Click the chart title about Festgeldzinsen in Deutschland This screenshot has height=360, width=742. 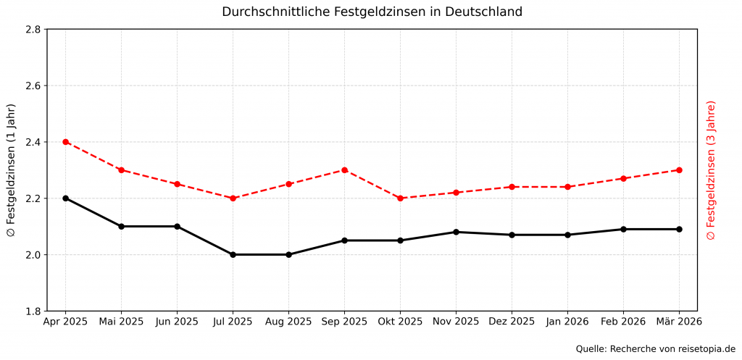[x=372, y=12]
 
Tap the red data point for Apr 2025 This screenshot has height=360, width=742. [x=66, y=142]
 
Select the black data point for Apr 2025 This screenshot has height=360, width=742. [x=66, y=198]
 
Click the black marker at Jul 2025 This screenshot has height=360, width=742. [x=233, y=254]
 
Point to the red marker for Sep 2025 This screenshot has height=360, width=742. [x=344, y=170]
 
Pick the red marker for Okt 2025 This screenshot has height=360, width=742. [x=400, y=198]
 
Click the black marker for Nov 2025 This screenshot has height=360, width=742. [x=456, y=232]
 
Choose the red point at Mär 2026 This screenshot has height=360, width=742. [x=679, y=170]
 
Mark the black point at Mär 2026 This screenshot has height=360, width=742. [x=679, y=229]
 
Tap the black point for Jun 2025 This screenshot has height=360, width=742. [x=177, y=226]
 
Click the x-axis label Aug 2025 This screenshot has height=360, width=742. [x=288, y=321]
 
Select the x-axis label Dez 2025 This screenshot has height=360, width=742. [x=512, y=321]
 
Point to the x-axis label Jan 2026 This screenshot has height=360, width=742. [x=567, y=321]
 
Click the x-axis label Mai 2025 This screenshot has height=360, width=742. [x=121, y=321]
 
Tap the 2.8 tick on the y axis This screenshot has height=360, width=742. [x=32, y=30]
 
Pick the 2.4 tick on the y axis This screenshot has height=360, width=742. [x=32, y=142]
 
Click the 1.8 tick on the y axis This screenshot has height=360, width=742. [x=32, y=311]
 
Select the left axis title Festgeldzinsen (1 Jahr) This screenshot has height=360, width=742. [x=11, y=170]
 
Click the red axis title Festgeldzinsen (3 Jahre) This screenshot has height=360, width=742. [x=711, y=170]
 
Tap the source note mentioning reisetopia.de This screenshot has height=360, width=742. [x=655, y=348]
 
